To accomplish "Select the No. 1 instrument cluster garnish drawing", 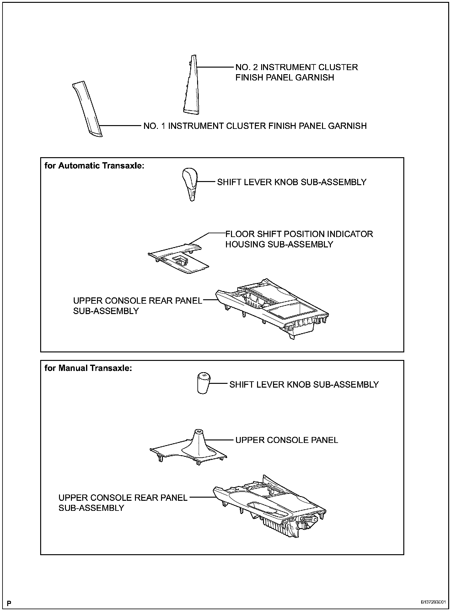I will point(88,108).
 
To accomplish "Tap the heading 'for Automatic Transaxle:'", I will point(94,166).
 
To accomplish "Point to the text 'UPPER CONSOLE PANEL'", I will point(287,440).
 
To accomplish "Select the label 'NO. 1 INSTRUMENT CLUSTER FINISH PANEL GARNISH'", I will point(255,126).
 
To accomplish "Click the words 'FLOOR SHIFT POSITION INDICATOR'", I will point(299,234).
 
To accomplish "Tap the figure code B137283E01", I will point(433,602).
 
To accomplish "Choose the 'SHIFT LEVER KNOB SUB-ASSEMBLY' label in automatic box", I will point(292,182).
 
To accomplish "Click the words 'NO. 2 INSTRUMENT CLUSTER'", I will point(297,67).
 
